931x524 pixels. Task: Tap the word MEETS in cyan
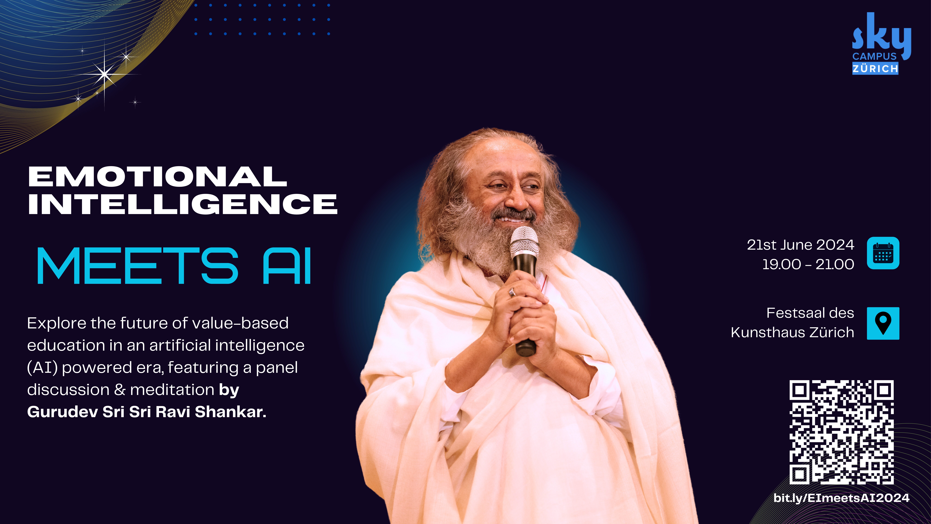pos(138,266)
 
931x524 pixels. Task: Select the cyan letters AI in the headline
pos(287,266)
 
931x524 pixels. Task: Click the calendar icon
pos(883,253)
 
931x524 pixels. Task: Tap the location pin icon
pos(883,323)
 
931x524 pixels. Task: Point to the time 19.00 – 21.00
pos(808,264)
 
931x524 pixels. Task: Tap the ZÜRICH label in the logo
pos(875,68)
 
